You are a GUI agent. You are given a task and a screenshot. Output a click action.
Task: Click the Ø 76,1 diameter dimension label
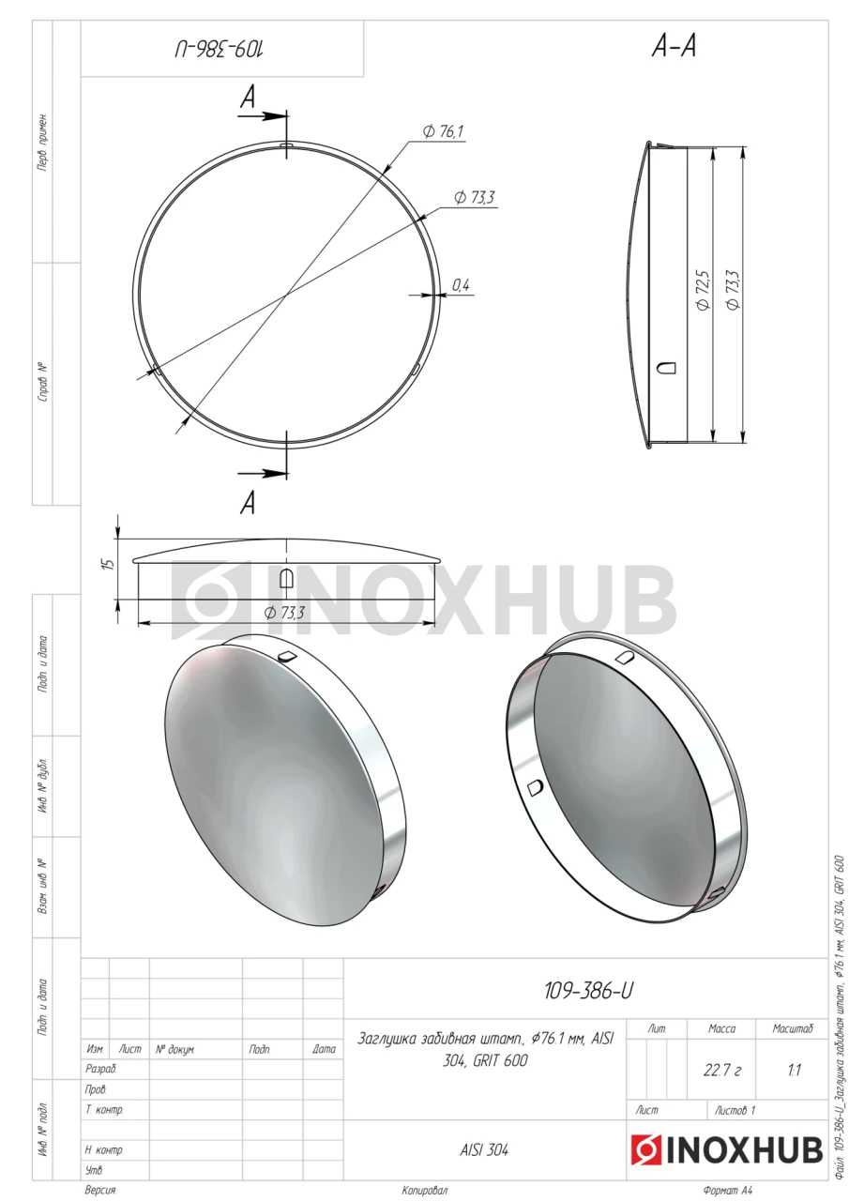coord(443,131)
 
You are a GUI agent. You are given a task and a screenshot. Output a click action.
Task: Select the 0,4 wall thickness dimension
coord(461,285)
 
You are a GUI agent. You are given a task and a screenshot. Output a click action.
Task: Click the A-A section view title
coord(675,47)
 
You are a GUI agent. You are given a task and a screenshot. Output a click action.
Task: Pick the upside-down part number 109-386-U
coord(220,51)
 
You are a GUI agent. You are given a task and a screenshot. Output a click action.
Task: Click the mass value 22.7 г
coord(722,1071)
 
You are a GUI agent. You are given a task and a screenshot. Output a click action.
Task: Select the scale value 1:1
coord(794,1071)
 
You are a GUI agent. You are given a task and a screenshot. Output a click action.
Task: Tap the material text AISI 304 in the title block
coord(484,1149)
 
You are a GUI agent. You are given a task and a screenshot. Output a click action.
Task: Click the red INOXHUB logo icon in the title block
coord(646,1150)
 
